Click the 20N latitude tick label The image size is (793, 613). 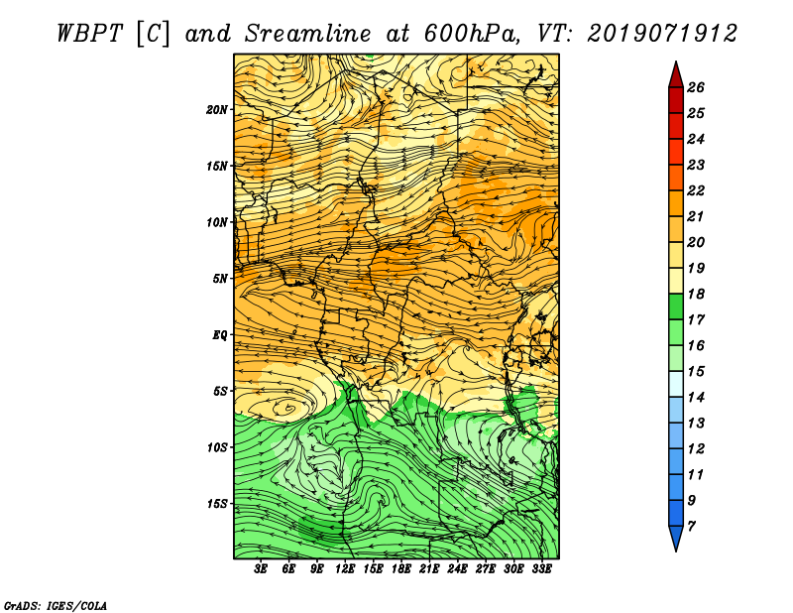[217, 109]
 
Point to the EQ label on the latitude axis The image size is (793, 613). [219, 334]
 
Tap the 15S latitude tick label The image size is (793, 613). [217, 504]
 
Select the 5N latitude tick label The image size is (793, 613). [220, 279]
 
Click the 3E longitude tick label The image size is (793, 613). [261, 569]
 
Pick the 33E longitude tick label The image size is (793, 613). [541, 569]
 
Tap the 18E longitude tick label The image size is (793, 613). [401, 569]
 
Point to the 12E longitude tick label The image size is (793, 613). [345, 569]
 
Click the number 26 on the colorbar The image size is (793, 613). [696, 87]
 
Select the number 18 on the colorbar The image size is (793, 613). [696, 294]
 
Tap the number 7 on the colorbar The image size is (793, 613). [691, 526]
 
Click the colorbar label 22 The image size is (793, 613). [696, 190]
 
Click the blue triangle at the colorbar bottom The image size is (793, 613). [676, 536]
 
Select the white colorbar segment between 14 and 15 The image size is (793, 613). [676, 384]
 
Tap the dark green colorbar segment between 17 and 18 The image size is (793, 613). [676, 306]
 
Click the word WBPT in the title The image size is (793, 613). [89, 34]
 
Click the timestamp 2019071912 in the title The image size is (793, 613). [662, 34]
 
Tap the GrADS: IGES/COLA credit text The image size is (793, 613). [56, 605]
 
